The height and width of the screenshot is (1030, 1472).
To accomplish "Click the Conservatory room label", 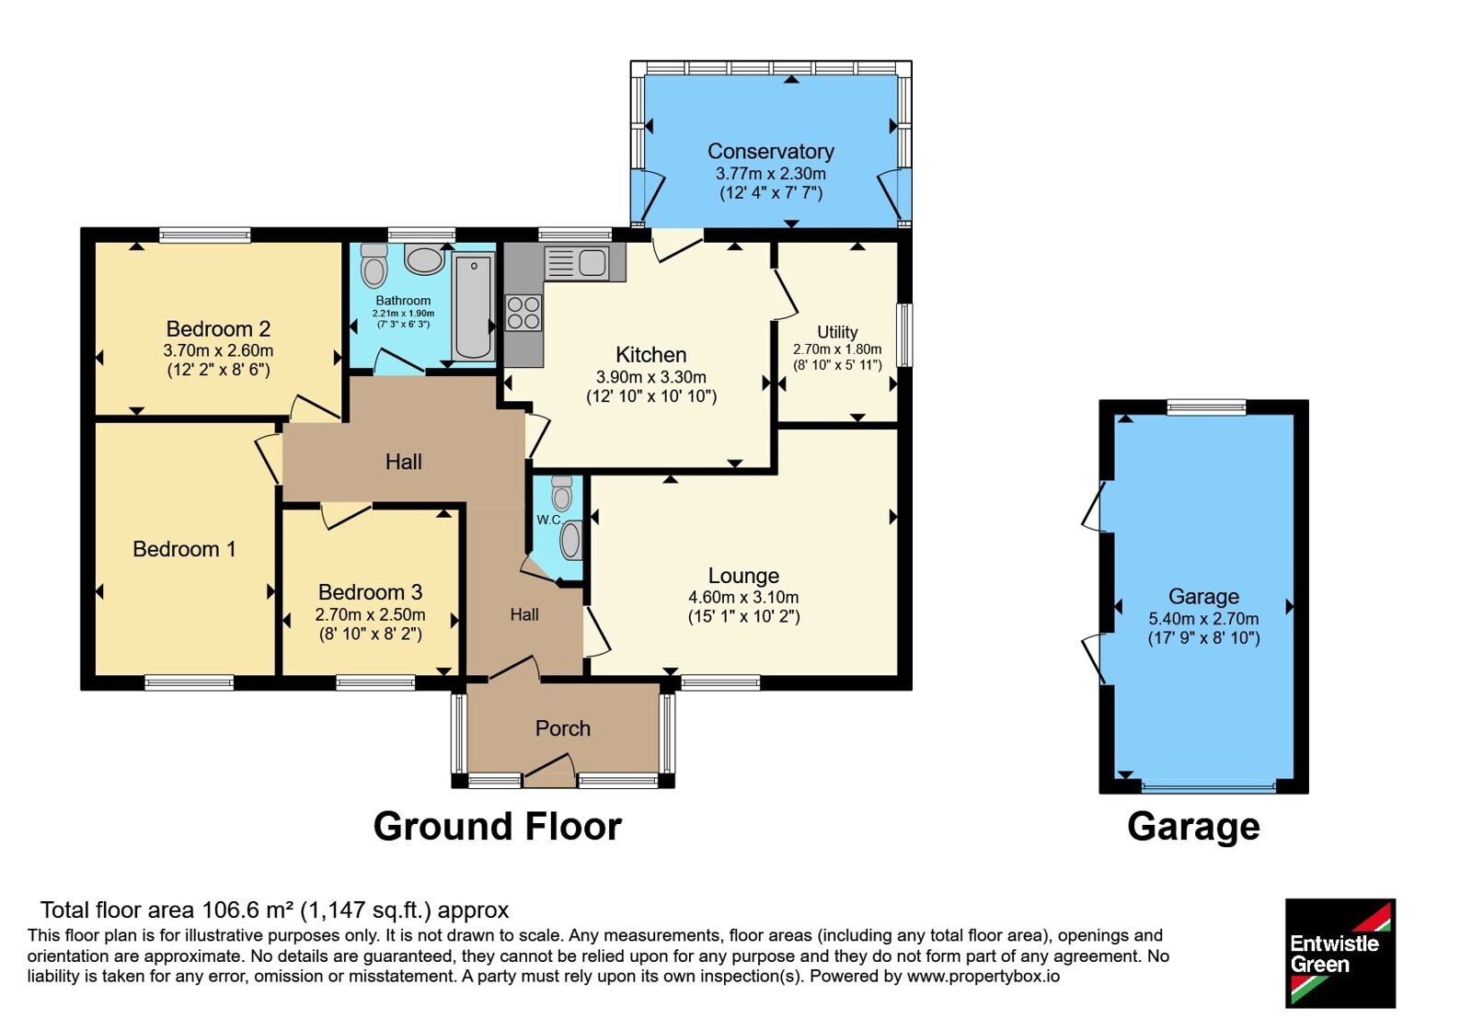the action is click(770, 151).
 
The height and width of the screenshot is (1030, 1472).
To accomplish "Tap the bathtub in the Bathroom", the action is click(473, 307).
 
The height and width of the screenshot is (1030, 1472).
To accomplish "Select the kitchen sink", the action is click(576, 263).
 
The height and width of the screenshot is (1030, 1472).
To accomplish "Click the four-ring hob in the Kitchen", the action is click(523, 313).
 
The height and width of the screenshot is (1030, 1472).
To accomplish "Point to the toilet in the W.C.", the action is click(562, 494).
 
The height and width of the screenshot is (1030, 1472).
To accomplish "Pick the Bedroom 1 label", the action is click(184, 548).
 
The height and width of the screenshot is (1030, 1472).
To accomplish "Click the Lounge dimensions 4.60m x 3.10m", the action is click(743, 597).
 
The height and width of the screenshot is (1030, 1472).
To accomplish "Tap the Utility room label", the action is click(837, 332).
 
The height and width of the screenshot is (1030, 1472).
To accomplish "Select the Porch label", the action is click(562, 727).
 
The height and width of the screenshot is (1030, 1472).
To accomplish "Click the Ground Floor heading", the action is click(498, 826).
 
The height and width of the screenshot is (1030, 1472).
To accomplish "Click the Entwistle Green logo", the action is click(1340, 953).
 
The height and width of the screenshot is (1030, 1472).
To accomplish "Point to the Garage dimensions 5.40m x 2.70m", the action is click(1203, 618).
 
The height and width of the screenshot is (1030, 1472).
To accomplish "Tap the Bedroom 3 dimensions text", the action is click(370, 615).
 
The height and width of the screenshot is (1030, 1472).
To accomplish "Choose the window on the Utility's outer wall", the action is click(905, 335).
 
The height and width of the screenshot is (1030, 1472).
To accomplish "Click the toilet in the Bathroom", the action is click(374, 266).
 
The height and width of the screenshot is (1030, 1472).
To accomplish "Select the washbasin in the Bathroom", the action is click(424, 258).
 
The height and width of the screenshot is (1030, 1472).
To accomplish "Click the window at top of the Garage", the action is click(1206, 407).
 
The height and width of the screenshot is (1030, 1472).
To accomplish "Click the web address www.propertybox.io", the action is click(983, 976).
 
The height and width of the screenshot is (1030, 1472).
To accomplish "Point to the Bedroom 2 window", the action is click(205, 235).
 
